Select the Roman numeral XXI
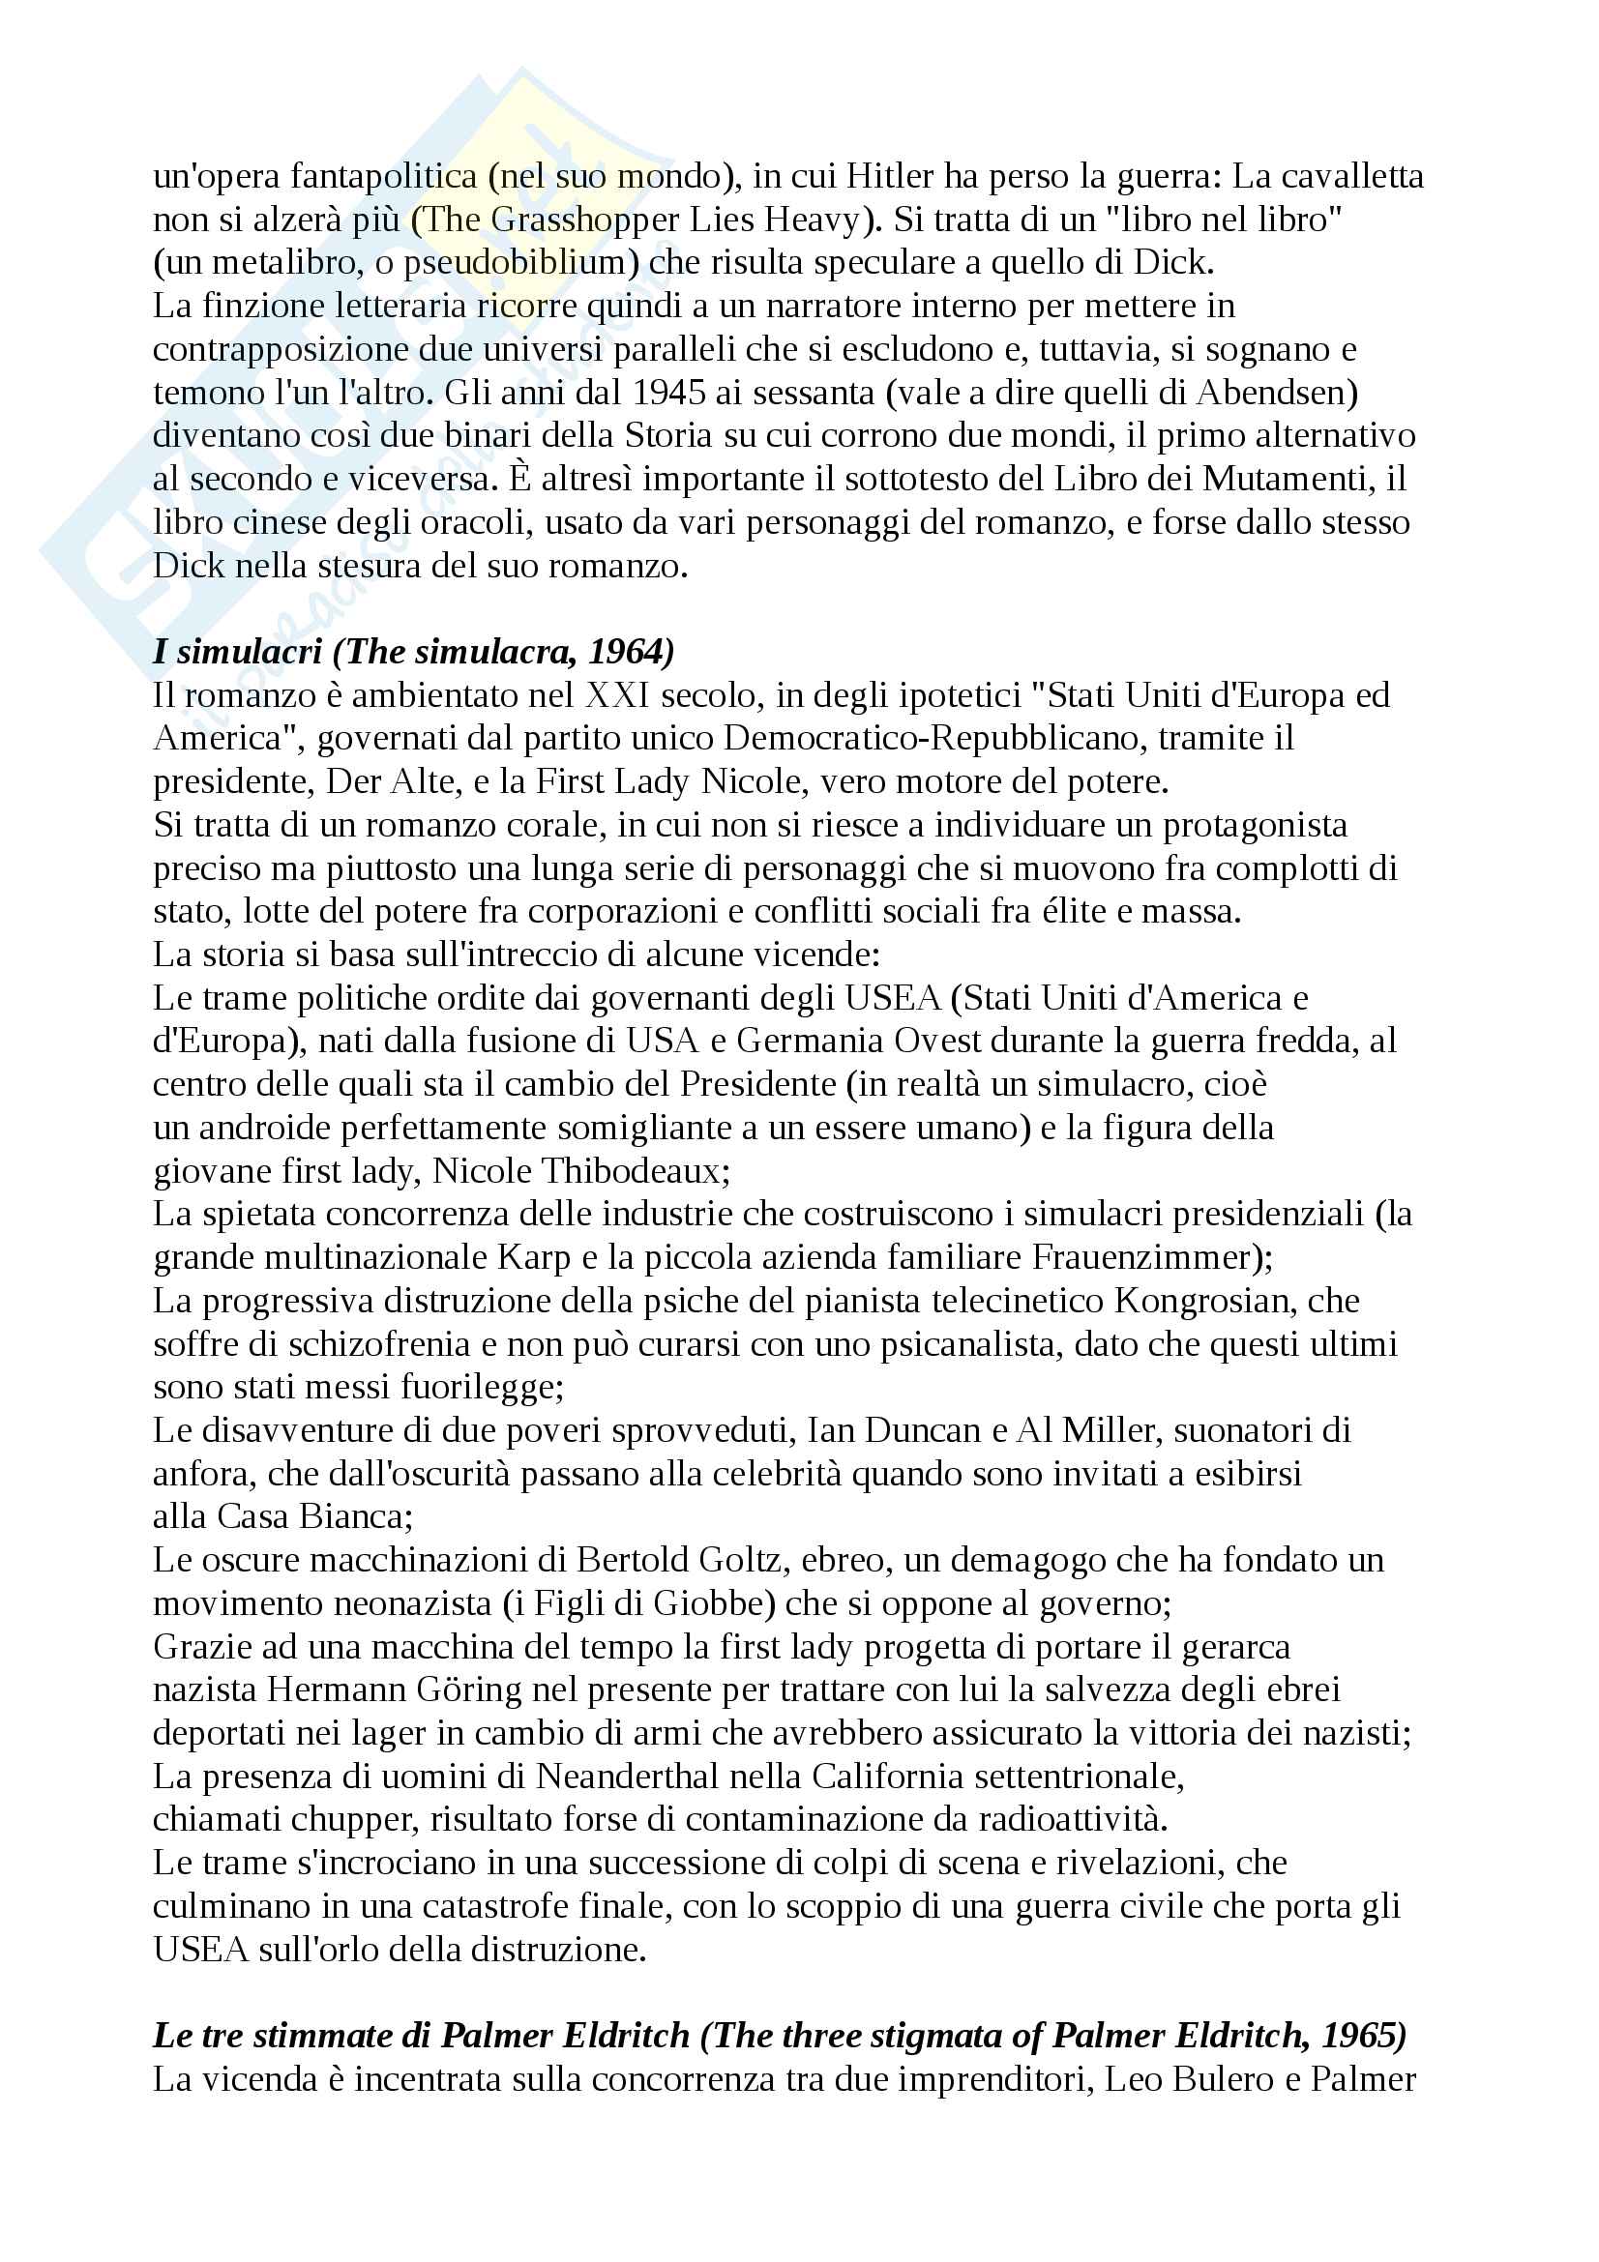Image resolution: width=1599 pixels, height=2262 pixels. point(618,696)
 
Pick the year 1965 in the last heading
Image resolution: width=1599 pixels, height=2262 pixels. point(1357,2037)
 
